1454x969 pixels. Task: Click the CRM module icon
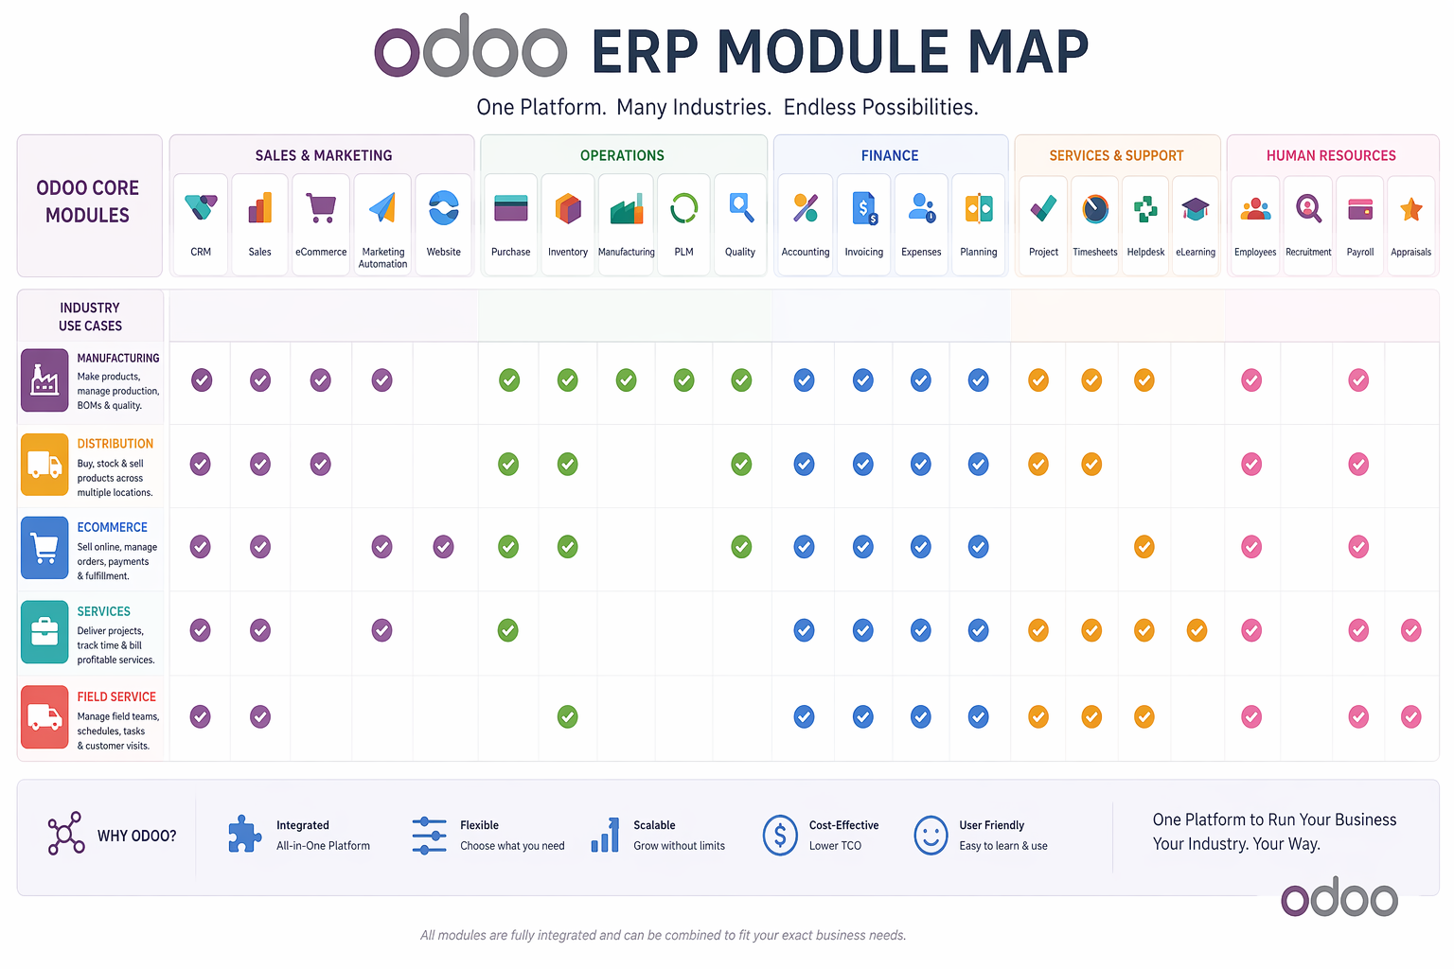[201, 207]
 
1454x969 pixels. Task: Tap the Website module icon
[443, 207]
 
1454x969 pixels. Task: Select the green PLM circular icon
[683, 207]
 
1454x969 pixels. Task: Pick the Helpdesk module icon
[1145, 208]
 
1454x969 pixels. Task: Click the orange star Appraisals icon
[1410, 208]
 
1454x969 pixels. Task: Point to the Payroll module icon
[1360, 208]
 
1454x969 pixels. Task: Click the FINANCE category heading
[889, 155]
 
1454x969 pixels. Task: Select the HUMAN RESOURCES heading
[1331, 155]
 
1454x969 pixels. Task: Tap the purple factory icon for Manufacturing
[44, 380]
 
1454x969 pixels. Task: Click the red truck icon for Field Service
[44, 716]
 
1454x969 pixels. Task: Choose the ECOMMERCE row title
[112, 527]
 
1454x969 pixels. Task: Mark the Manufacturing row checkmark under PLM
[683, 380]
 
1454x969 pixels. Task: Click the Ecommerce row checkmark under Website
[443, 547]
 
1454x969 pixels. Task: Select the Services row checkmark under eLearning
[1197, 630]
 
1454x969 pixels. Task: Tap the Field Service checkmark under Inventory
[567, 716]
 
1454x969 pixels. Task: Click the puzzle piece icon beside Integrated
[244, 835]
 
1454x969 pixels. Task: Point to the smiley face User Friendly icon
[931, 836]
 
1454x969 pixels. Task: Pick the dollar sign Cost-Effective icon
[780, 836]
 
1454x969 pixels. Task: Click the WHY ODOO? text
[136, 836]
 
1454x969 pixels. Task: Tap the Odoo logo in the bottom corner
[1339, 897]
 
